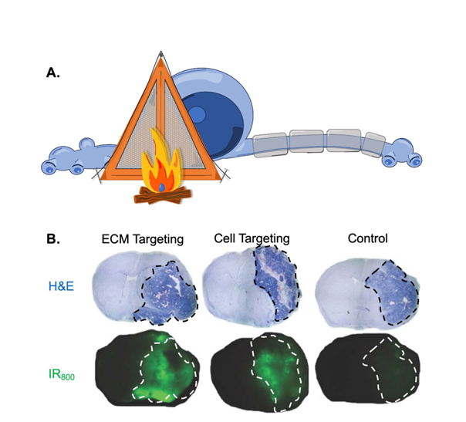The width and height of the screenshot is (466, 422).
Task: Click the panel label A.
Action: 52,73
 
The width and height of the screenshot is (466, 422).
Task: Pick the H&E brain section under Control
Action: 365,289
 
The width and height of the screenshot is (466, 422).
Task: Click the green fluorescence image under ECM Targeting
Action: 148,366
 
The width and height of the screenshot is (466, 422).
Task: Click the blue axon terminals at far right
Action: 407,152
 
